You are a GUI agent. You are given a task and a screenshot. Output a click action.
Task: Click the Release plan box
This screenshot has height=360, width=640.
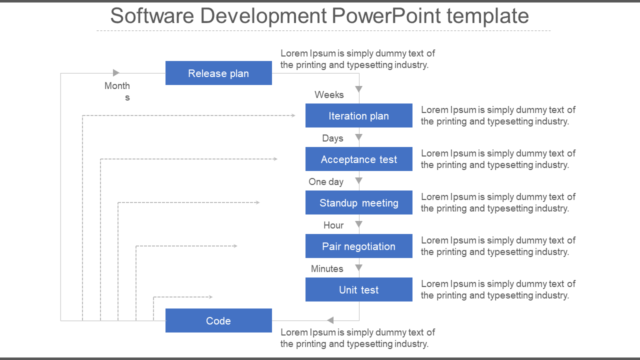(218, 73)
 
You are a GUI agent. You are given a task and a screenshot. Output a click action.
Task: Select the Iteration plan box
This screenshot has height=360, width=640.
(358, 115)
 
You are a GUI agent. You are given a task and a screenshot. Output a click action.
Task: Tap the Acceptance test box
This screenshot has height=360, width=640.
(358, 159)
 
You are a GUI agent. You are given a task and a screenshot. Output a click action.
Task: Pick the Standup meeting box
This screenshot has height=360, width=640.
(358, 202)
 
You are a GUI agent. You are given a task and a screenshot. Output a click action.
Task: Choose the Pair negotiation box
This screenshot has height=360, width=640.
(358, 246)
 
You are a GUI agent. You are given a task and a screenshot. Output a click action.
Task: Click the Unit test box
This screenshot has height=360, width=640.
(358, 289)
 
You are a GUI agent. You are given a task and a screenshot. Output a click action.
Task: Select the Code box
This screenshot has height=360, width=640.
(218, 320)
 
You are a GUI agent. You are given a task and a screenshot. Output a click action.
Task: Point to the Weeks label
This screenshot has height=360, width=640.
(329, 94)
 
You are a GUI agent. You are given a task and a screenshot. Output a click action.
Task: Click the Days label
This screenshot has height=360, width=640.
(332, 138)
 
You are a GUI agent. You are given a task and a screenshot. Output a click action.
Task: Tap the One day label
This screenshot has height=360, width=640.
(326, 181)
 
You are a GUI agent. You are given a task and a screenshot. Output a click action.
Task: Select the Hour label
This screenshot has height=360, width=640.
(333, 225)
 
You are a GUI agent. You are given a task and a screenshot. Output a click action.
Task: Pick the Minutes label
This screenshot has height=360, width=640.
(327, 268)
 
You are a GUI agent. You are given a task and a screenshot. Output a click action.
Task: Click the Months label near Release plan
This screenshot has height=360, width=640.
(117, 91)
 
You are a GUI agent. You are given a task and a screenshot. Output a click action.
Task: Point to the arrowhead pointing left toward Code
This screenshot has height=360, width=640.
(330, 320)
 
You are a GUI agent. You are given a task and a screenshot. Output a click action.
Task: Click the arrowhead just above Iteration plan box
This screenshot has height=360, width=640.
(358, 89)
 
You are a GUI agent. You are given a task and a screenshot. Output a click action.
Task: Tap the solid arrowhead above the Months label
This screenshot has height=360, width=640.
(116, 73)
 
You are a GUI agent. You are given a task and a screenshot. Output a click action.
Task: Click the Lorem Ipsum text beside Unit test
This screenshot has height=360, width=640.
(498, 289)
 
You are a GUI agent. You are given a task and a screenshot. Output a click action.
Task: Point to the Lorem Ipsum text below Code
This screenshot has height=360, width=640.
(357, 338)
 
